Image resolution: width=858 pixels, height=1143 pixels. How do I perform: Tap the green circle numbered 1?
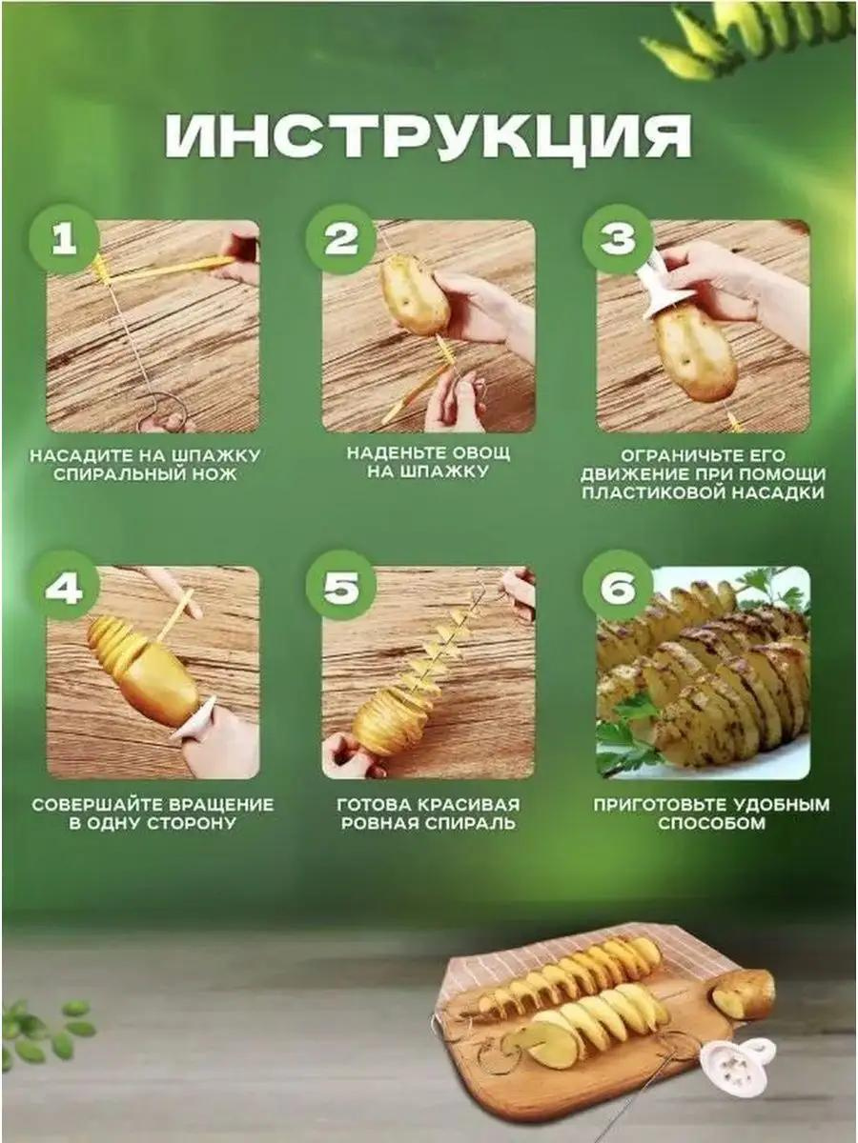(x=64, y=239)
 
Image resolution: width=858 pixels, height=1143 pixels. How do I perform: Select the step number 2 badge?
(x=340, y=239)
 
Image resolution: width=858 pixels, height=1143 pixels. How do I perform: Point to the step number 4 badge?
(x=64, y=586)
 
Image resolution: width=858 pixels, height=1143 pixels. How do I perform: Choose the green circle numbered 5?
(x=340, y=586)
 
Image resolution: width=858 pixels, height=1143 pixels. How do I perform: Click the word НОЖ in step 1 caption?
(x=219, y=475)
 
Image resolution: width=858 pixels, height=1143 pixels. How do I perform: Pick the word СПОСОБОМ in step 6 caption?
(x=711, y=823)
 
